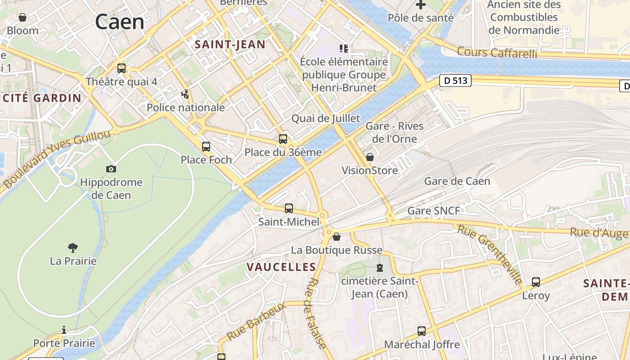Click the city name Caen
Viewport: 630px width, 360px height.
click(x=119, y=22)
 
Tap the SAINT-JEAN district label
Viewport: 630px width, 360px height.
click(x=229, y=44)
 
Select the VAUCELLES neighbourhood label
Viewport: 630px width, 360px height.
click(x=281, y=267)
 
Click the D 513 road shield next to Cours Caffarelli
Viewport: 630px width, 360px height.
click(x=455, y=81)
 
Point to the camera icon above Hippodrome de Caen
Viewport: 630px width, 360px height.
click(x=111, y=169)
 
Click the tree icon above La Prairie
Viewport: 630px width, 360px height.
click(x=72, y=247)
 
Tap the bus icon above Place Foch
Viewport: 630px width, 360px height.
click(x=206, y=146)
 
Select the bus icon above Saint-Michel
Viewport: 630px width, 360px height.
click(x=289, y=208)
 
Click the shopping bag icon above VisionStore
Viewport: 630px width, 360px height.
click(x=370, y=157)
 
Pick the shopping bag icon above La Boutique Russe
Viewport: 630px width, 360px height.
click(x=337, y=236)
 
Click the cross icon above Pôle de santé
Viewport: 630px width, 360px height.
click(x=421, y=5)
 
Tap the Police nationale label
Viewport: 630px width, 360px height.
click(x=185, y=108)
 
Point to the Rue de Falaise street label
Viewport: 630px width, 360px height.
click(x=317, y=313)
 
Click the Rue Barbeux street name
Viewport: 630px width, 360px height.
click(x=256, y=321)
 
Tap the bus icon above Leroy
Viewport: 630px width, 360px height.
click(x=536, y=282)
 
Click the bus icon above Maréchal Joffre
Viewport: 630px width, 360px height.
click(x=422, y=331)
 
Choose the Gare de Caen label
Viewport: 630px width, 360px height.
click(x=457, y=182)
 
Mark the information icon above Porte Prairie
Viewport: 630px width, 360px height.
click(x=64, y=330)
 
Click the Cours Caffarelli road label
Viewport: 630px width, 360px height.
click(x=497, y=53)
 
